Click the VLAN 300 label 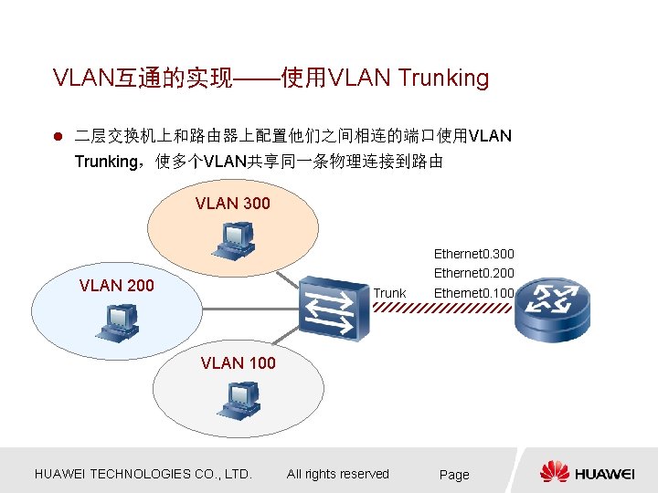(x=233, y=204)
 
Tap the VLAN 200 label (x=116, y=286)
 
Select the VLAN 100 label (x=238, y=363)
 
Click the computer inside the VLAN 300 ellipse (x=232, y=239)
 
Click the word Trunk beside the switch (x=390, y=293)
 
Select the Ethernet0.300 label (x=473, y=253)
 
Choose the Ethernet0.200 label (x=473, y=273)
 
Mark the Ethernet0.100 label (x=473, y=293)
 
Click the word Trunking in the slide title (x=444, y=79)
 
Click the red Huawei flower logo (x=554, y=472)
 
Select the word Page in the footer (x=454, y=475)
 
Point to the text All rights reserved (x=337, y=474)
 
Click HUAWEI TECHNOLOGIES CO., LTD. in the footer (x=143, y=474)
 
